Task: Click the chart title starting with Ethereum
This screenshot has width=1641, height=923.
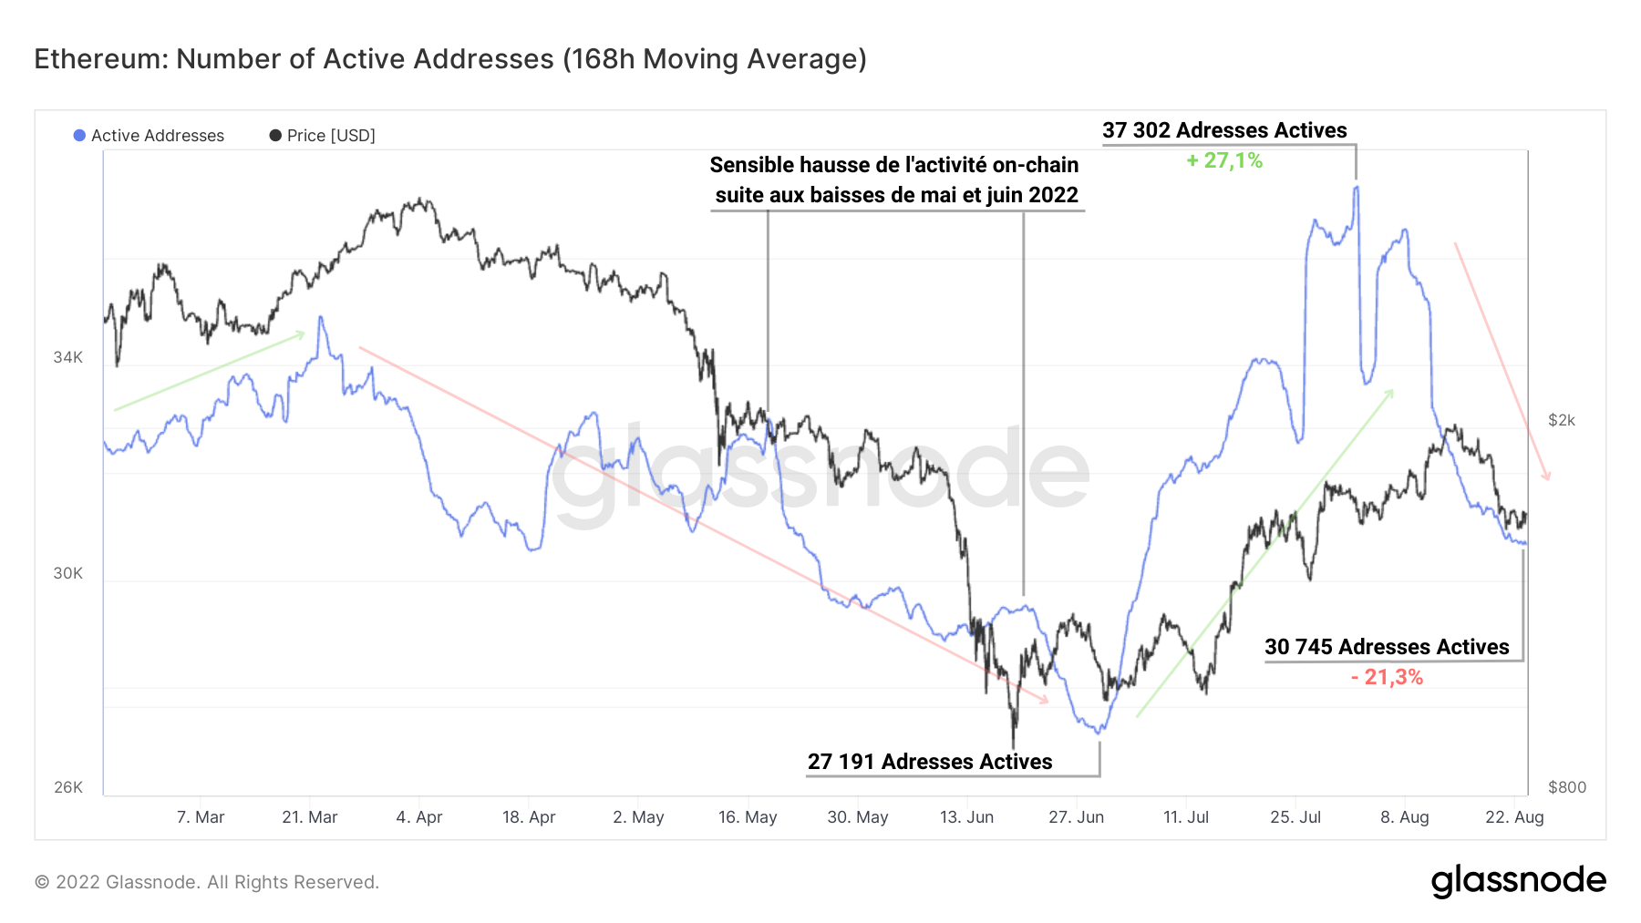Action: point(450,59)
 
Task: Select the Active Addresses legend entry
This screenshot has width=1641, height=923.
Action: point(150,136)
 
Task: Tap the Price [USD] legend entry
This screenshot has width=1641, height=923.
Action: point(323,136)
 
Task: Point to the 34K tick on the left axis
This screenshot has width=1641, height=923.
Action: point(67,357)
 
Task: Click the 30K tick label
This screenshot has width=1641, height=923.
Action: point(67,573)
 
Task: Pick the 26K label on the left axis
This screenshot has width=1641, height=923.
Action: point(67,787)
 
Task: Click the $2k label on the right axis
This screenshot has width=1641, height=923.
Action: point(1562,420)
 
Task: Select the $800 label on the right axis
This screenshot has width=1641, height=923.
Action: point(1567,787)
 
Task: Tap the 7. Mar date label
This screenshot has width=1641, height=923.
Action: point(201,817)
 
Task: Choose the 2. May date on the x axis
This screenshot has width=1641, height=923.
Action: point(638,817)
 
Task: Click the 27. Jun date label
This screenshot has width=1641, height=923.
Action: point(1076,817)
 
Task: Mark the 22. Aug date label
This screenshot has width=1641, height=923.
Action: point(1514,817)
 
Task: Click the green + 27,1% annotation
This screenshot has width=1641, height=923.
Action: point(1224,161)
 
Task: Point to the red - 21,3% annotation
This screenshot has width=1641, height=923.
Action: point(1387,677)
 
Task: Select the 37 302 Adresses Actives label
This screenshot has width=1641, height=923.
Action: point(1224,130)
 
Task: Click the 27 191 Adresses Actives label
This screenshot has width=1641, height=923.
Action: point(930,762)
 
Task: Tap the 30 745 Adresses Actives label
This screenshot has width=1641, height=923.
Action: point(1387,647)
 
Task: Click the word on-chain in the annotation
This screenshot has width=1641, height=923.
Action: point(1035,165)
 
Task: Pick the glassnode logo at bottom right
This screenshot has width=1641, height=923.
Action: point(1518,881)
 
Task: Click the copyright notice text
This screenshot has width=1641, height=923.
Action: point(207,882)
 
